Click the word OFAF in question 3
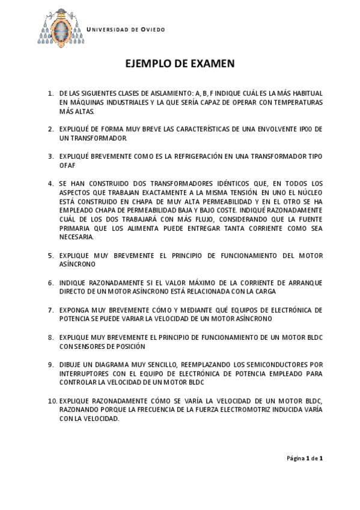(x=67, y=165)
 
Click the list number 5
(x=50, y=255)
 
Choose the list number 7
(x=50, y=310)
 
